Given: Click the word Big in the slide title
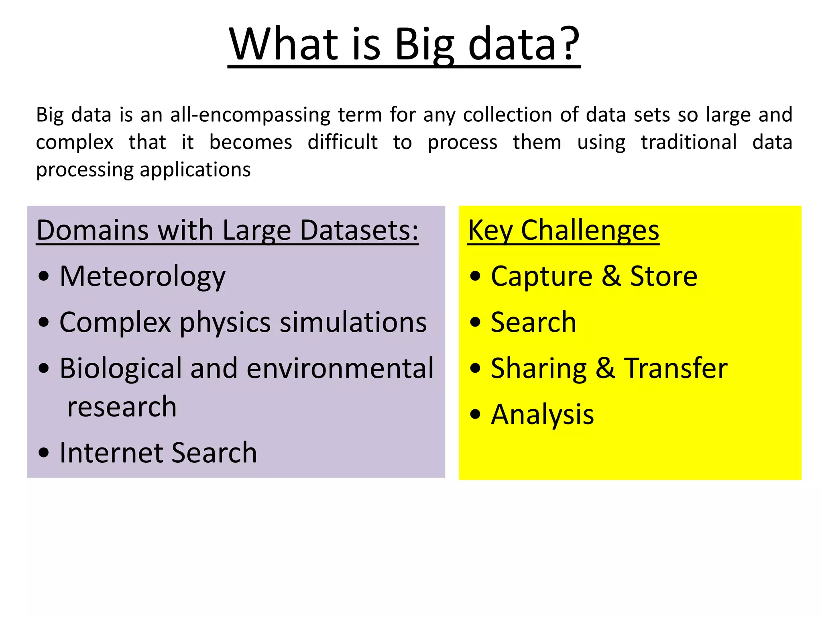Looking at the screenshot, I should click(424, 44).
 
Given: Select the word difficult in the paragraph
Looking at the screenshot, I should click(342, 142).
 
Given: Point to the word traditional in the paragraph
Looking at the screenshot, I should click(688, 142).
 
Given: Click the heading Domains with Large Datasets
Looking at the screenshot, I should click(227, 231).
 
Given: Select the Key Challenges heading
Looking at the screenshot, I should click(563, 231).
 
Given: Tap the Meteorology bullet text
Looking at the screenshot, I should click(142, 277).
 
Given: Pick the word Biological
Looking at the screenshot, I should click(120, 369).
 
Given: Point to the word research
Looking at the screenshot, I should click(122, 407).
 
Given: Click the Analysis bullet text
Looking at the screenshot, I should click(542, 415).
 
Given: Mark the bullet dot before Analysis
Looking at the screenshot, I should click(475, 415).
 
